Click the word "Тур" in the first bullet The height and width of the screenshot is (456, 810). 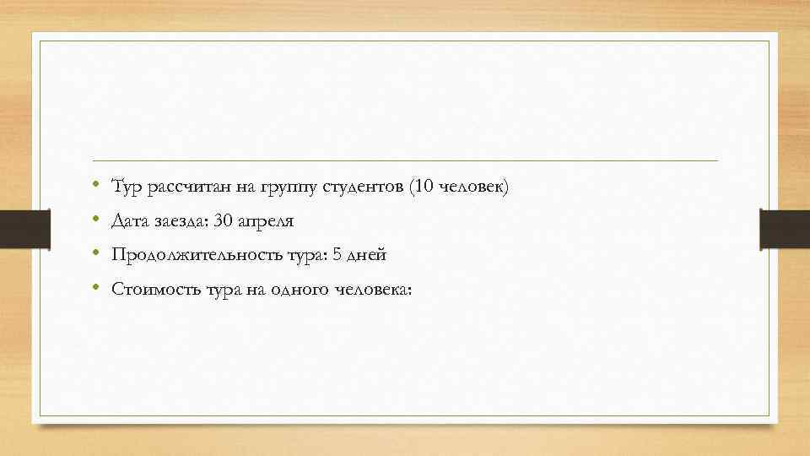coord(126,187)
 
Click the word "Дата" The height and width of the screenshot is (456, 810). coord(128,220)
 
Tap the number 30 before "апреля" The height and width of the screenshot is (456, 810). coord(223,220)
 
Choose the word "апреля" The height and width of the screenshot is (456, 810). coord(265,221)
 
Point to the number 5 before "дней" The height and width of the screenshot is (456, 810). coord(335,254)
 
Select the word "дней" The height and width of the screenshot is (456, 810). coord(365,254)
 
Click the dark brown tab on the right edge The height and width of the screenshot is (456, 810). coord(785,229)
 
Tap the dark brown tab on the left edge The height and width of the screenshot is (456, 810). coord(15,229)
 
